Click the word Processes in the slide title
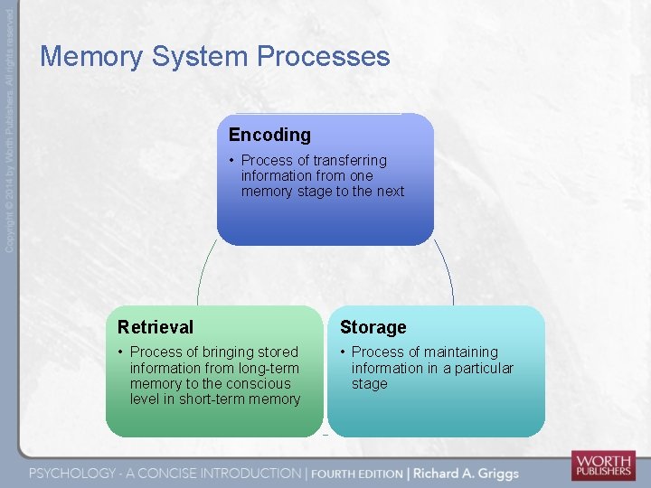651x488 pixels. click(323, 57)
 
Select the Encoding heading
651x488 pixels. click(269, 135)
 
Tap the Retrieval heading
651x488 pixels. click(156, 327)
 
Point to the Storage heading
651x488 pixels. click(373, 327)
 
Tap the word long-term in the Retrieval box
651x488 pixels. click(267, 368)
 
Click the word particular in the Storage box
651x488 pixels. click(480, 368)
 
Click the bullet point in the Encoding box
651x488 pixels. click(231, 160)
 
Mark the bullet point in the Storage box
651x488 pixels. click(343, 352)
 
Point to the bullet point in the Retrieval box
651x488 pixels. click(121, 352)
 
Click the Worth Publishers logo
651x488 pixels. click(602, 465)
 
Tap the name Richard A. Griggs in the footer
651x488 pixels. click(467, 473)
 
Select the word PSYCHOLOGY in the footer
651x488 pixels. click(72, 473)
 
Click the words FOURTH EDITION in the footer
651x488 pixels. click(357, 473)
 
